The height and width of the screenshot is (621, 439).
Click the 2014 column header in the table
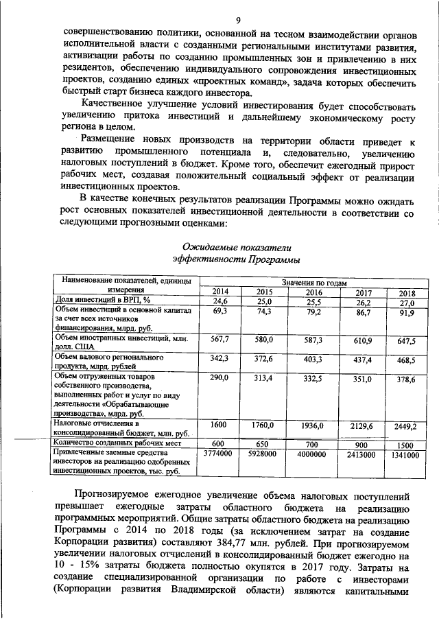click(x=220, y=292)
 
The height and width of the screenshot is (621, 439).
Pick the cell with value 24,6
click(x=220, y=301)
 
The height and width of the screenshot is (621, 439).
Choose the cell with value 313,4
click(x=263, y=379)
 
